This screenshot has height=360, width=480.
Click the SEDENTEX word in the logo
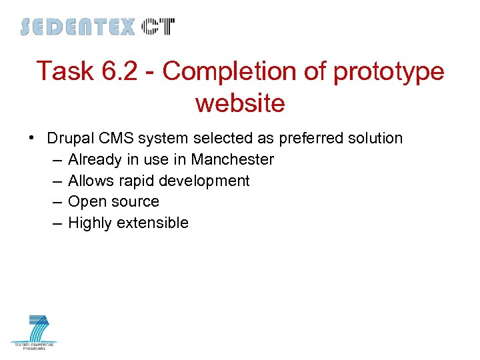(x=77, y=27)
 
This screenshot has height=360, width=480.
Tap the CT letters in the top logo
(x=158, y=27)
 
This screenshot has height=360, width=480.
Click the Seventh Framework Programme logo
(x=34, y=332)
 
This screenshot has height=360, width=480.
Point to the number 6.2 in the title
(x=118, y=71)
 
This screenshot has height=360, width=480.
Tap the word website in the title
(x=240, y=103)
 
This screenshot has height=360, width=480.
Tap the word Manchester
(x=232, y=159)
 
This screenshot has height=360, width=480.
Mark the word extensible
(x=153, y=223)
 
